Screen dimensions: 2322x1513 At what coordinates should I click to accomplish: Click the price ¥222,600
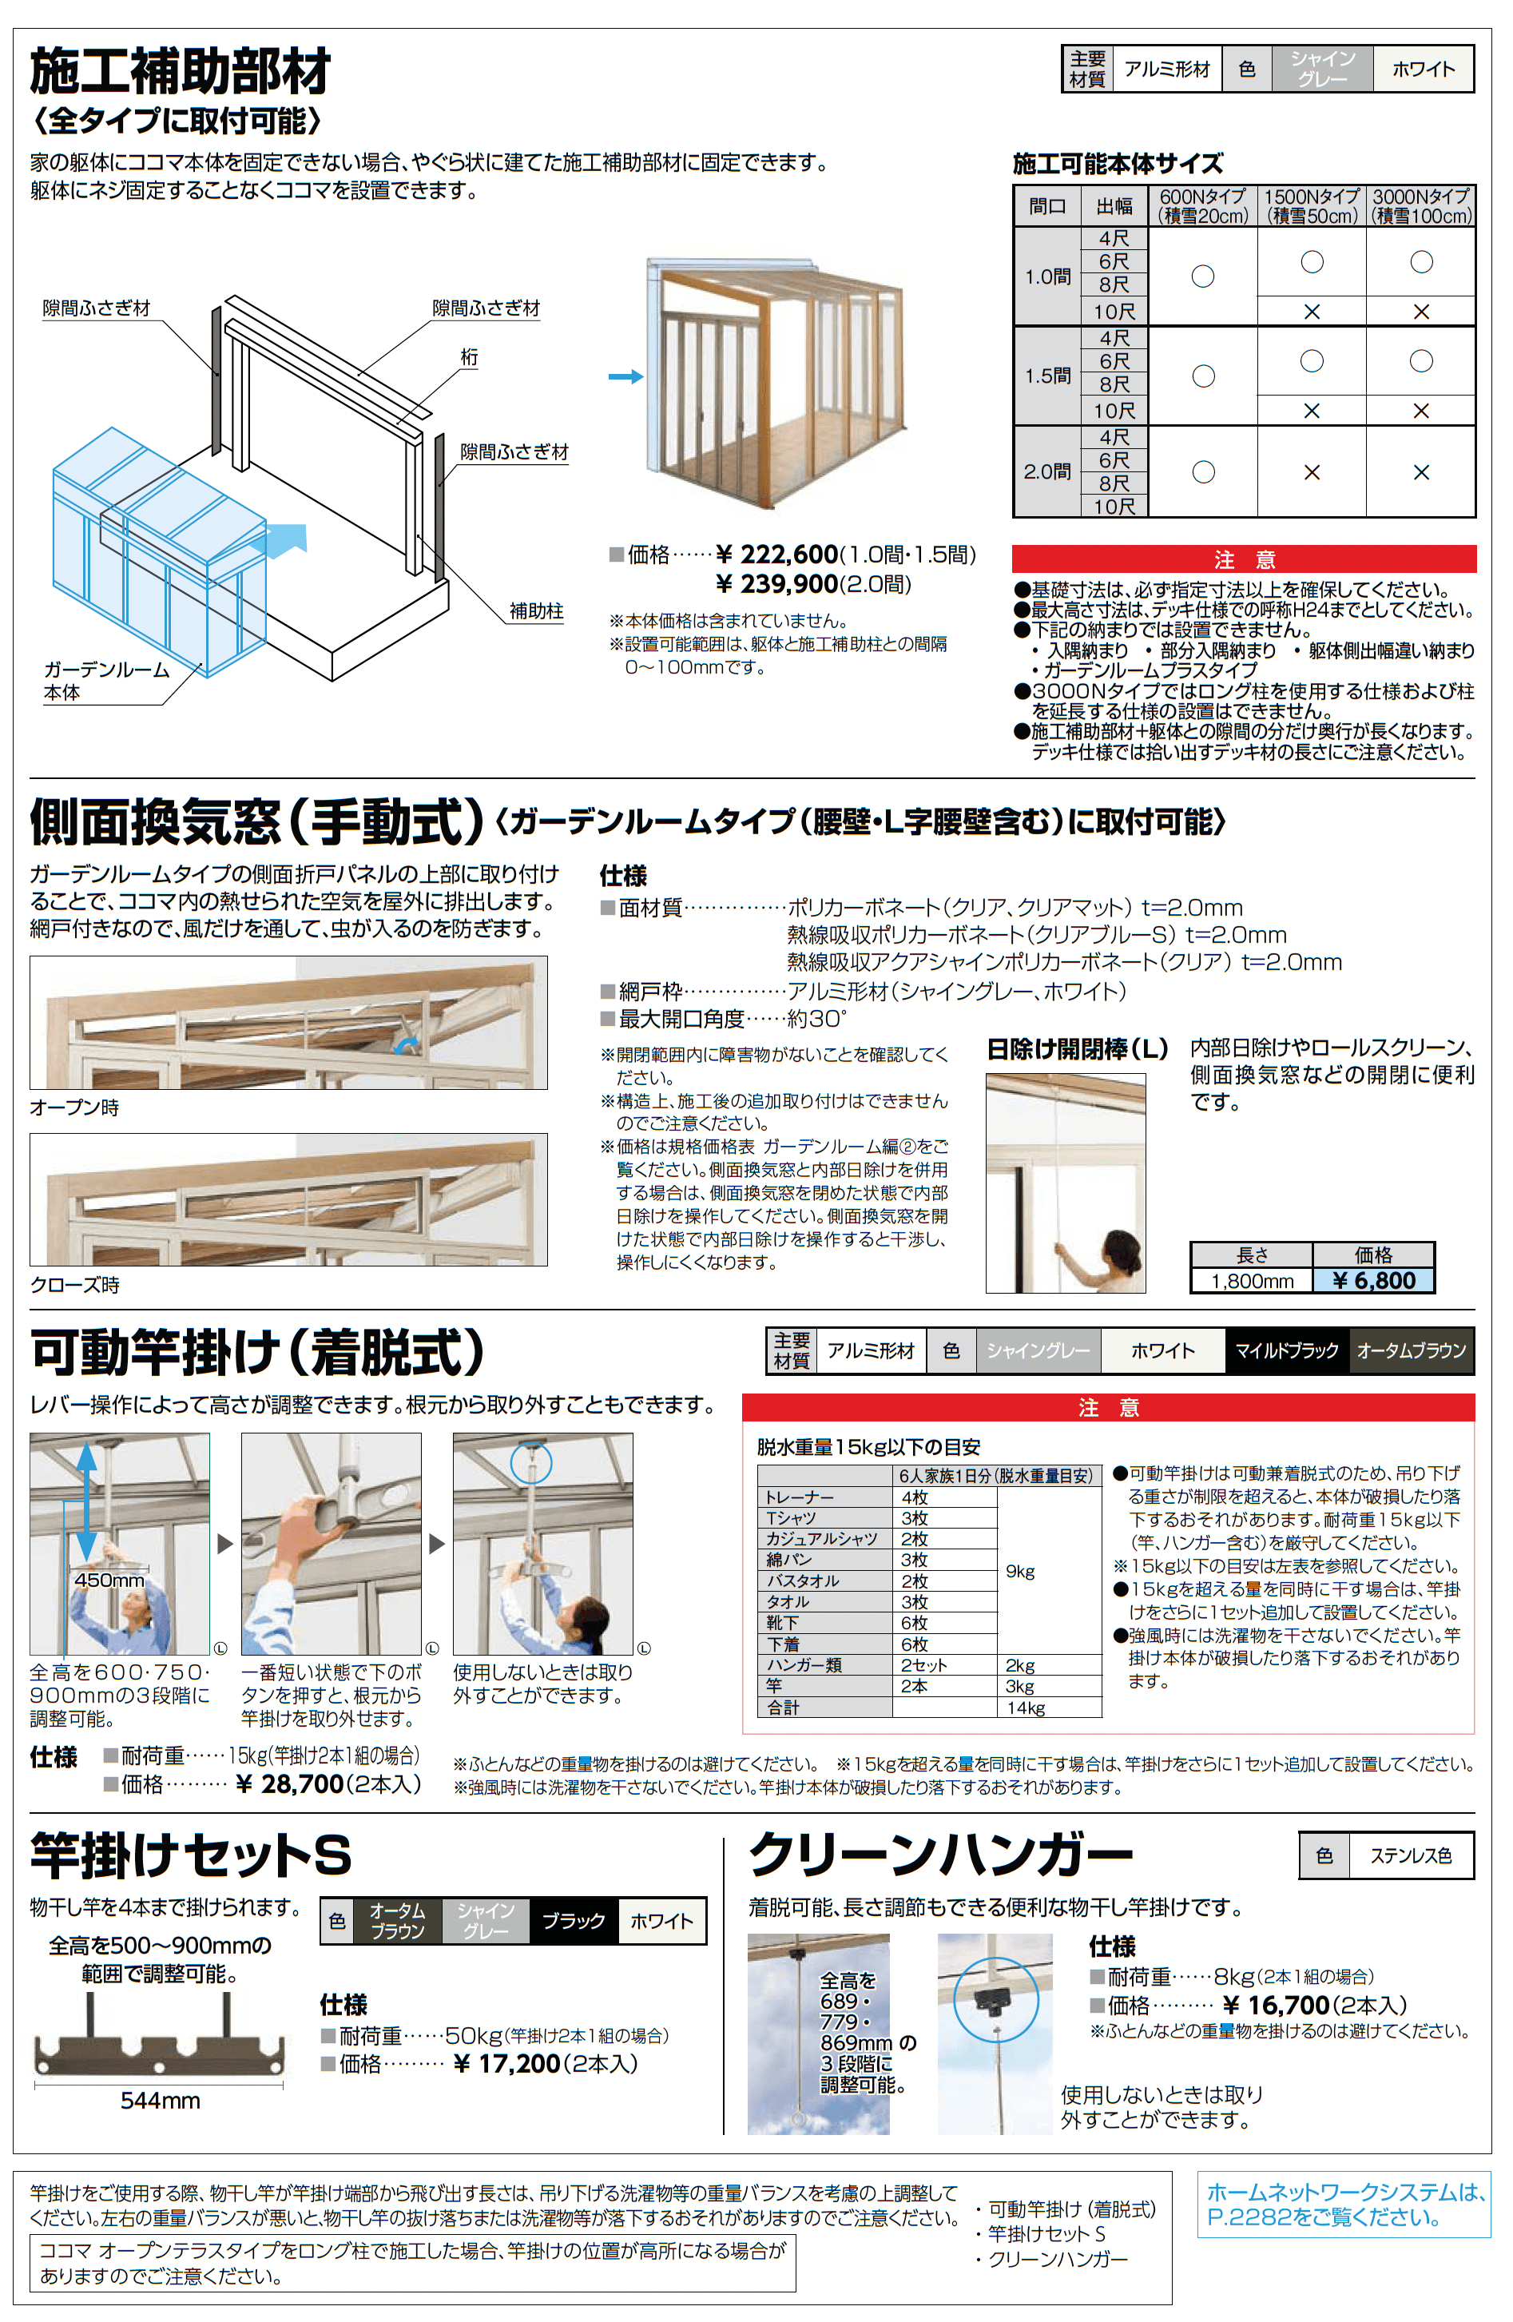(x=776, y=555)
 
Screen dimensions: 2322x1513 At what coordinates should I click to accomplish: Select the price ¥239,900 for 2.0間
(x=776, y=584)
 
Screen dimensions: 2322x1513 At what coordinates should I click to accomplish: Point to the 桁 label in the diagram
(x=469, y=358)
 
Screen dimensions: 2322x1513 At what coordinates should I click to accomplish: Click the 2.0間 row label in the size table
(x=1046, y=472)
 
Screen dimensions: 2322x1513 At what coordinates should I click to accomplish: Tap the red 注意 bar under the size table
(x=1244, y=559)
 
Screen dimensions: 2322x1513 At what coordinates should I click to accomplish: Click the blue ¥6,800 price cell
(x=1372, y=1281)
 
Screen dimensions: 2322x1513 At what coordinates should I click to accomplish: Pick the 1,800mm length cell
(x=1252, y=1281)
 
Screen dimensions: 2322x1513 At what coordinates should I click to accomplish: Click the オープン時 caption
(x=74, y=1107)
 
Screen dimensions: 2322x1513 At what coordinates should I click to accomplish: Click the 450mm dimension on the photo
(x=109, y=1580)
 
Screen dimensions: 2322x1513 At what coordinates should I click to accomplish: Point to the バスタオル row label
(x=802, y=1580)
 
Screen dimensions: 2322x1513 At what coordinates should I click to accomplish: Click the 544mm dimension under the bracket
(x=160, y=2101)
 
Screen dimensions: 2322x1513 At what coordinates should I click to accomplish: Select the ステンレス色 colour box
(x=1410, y=1855)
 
